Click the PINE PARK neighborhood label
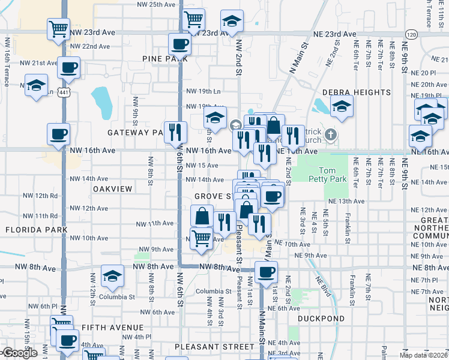(166, 58)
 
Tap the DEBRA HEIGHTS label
(357, 92)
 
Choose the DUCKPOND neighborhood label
(321, 319)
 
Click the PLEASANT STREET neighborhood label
(215, 347)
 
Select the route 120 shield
(411, 34)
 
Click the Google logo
(19, 353)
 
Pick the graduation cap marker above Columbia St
(112, 276)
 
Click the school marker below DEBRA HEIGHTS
(342, 107)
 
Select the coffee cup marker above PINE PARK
(179, 43)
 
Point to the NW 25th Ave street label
(151, 4)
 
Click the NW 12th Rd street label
(40, 196)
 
